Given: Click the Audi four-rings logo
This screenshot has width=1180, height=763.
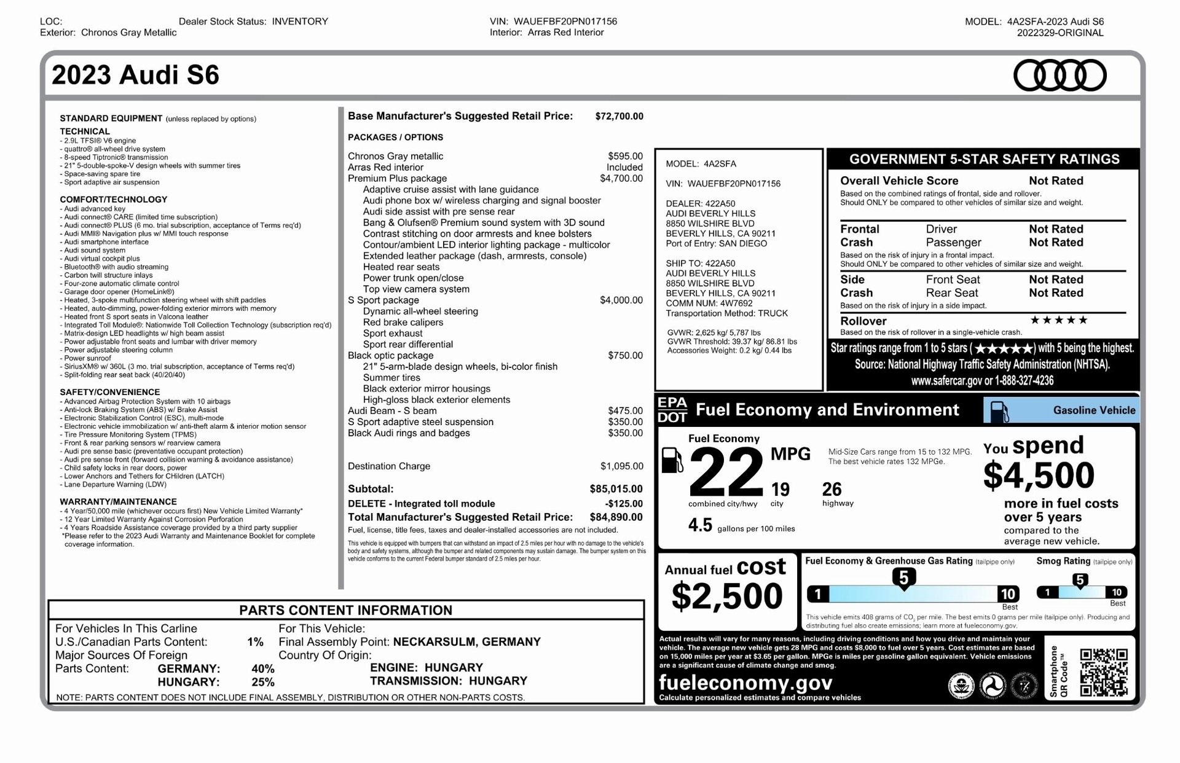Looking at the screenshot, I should pos(1060,76).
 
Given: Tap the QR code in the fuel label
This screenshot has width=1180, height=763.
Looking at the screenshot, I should pos(1104,672).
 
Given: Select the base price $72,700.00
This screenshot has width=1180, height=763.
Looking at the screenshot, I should pos(619,116).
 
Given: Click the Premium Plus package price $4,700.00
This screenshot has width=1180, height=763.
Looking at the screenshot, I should pos(621,179).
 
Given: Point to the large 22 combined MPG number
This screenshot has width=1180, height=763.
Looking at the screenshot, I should pos(726,472).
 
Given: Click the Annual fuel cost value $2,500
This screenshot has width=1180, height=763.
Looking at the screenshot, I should pos(727,596).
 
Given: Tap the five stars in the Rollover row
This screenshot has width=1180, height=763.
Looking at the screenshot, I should pos(1058,320).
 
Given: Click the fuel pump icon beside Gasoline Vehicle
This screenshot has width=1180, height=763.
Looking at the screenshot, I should pos(999,411).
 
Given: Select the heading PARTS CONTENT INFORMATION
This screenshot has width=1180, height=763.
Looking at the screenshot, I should pos(345,610).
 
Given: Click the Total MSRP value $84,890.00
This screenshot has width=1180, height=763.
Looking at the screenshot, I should pos(616,517).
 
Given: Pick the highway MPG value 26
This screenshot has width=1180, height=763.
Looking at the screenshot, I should pos(832,490).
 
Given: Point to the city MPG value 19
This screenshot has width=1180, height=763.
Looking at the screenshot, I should pos(780,490).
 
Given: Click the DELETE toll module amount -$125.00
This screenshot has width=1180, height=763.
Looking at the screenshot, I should pos(624,504).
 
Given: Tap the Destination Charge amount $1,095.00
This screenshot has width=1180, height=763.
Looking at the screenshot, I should pos(621,466).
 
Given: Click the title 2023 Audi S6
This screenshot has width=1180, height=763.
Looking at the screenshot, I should pos(135,75).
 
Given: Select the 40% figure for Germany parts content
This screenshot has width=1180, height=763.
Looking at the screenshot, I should pos(262,668).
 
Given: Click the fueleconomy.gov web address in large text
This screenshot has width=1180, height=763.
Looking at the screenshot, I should pos(745,683).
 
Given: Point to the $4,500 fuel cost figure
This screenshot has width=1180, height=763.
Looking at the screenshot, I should pos(1039,475).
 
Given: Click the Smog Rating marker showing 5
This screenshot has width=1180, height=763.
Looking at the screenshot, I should pos(1080,580).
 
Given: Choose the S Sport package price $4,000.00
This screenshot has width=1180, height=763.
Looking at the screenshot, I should pos(621,300).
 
